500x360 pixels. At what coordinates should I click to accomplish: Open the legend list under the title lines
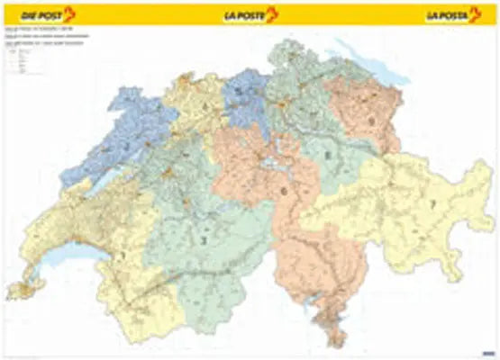point(22,59)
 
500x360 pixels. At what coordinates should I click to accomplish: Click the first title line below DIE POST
point(45,30)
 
